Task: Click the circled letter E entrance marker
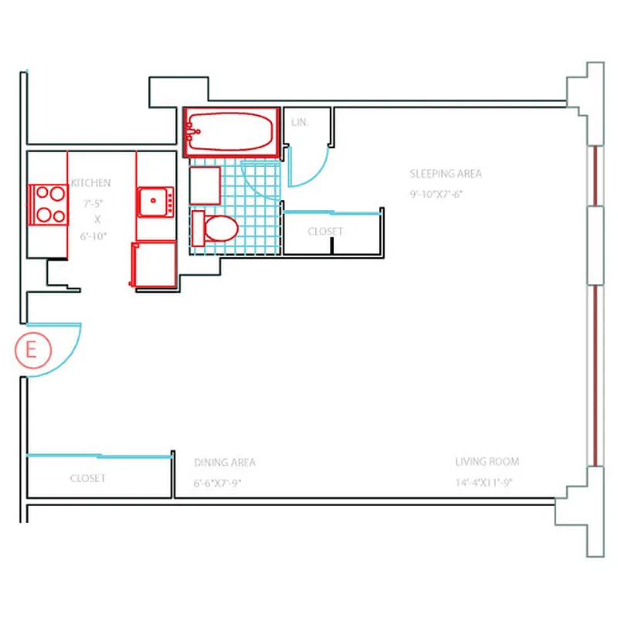coord(32,350)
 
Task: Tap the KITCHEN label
coord(91,183)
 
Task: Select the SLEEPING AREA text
coord(446,174)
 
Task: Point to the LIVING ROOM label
coord(487,462)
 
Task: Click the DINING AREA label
coord(225,463)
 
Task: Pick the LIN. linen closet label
coord(300,123)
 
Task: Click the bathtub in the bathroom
coord(230,131)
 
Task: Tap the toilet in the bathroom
coord(216,228)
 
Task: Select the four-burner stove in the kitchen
coord(49,204)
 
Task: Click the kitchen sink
coord(157,202)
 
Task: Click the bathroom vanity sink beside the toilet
coord(205,184)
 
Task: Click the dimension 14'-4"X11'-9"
coord(484,484)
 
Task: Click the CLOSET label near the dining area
coord(87,478)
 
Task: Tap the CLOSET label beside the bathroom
coord(325,231)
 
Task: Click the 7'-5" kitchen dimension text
coord(93,205)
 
